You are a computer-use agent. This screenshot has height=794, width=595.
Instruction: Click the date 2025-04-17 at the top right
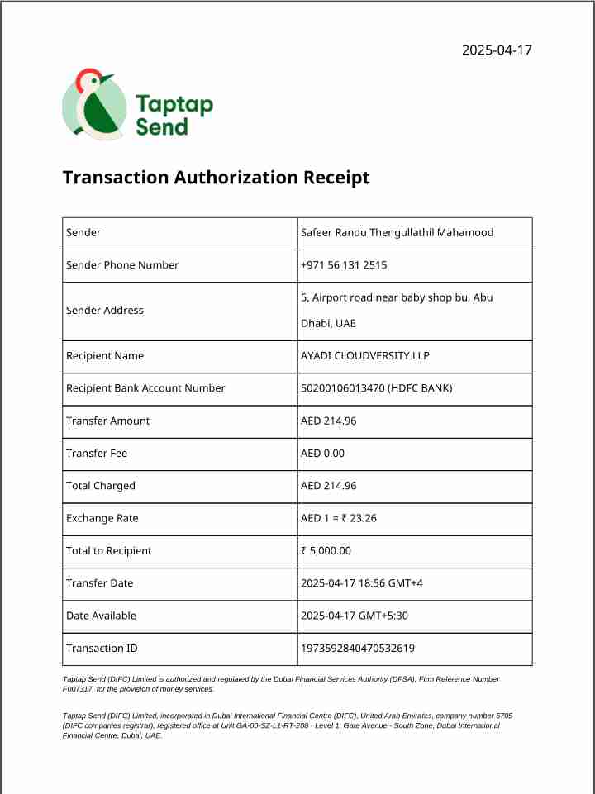497,50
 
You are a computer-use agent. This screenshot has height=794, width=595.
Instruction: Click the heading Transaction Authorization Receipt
216,178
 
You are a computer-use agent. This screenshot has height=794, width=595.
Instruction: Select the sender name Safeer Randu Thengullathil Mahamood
397,233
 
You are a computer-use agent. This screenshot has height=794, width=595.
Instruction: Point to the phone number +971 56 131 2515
344,265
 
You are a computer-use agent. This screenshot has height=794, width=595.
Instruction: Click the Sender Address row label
105,311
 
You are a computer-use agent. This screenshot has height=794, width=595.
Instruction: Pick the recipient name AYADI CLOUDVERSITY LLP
365,356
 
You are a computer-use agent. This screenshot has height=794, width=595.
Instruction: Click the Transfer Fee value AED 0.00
322,454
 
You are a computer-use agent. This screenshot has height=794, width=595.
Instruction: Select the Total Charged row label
101,486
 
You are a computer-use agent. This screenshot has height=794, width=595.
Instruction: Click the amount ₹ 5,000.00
326,551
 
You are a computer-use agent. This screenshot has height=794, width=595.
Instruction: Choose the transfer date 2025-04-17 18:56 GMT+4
361,583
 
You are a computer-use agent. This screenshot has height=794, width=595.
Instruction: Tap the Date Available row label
101,616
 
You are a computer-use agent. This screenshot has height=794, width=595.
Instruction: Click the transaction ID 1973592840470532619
358,649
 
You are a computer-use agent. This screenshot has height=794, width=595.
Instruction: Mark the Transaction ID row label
102,649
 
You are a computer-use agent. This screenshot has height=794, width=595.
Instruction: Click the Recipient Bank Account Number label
145,388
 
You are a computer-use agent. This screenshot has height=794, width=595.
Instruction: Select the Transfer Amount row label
108,421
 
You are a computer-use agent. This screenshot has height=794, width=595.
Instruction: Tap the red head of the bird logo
86,80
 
